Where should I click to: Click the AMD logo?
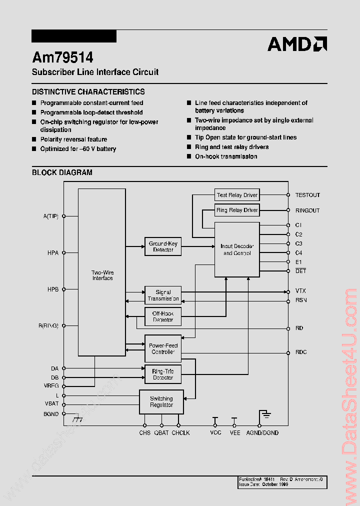[297, 44]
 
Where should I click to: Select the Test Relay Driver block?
[237, 195]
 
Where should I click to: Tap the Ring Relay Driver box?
[237, 210]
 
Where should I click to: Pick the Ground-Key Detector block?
[163, 246]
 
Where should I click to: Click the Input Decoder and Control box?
[237, 249]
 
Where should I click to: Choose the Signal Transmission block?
[163, 295]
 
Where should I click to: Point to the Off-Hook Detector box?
[163, 316]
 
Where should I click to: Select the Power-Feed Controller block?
[163, 348]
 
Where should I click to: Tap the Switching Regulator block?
[161, 401]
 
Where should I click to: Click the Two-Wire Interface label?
[102, 275]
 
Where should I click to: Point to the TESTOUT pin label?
[307, 195]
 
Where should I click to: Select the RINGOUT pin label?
[307, 210]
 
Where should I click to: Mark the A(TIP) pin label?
[51, 216]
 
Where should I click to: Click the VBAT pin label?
[51, 404]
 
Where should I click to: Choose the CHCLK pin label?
[180, 432]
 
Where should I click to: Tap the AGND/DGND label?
[262, 432]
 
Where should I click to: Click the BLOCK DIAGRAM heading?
[62, 172]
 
